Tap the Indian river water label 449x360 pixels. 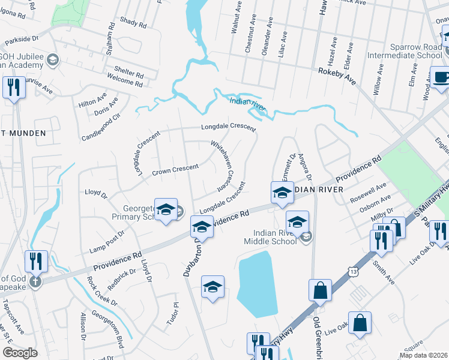point(247,103)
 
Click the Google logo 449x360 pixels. point(20,353)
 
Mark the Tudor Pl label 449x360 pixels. point(175,312)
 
